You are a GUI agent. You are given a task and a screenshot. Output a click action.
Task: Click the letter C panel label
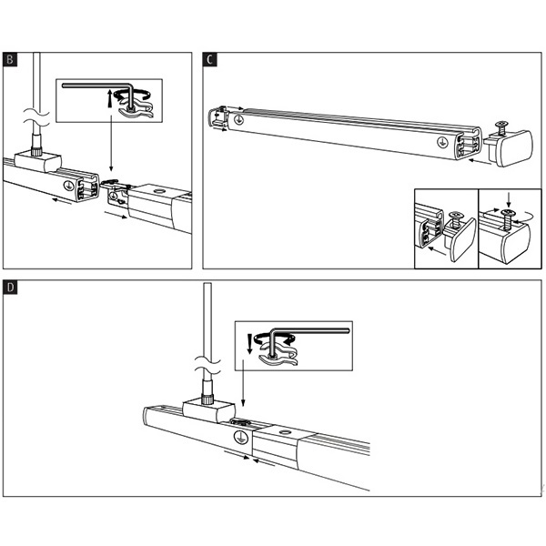pyautogui.click(x=210, y=60)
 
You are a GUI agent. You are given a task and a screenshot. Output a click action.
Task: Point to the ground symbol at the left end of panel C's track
pyautogui.click(x=238, y=118)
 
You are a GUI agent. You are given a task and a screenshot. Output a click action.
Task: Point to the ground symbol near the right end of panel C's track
pyautogui.click(x=441, y=140)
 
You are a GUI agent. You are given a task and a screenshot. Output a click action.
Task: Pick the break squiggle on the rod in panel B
pyautogui.click(x=36, y=116)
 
